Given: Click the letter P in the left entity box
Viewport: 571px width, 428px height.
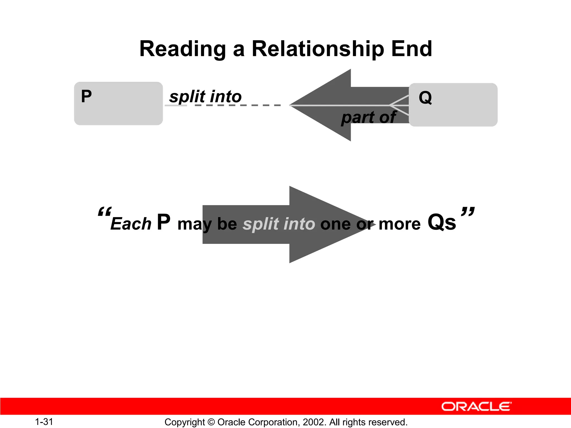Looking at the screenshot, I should pyautogui.click(x=86, y=96).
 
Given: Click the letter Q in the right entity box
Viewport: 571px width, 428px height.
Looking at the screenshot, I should pyautogui.click(x=425, y=98).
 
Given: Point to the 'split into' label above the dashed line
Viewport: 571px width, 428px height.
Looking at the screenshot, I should pyautogui.click(x=205, y=96).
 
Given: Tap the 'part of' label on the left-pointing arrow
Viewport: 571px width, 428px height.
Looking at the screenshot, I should pyautogui.click(x=368, y=117).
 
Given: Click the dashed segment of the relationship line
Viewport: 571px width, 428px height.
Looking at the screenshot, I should pyautogui.click(x=237, y=105).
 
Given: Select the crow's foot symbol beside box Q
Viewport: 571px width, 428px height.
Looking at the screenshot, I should pyautogui.click(x=399, y=105).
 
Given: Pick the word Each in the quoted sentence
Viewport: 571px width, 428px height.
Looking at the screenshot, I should pyautogui.click(x=131, y=224).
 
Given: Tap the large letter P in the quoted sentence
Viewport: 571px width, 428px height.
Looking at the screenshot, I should pyautogui.click(x=164, y=222).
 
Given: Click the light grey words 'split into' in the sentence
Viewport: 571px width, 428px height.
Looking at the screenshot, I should pyautogui.click(x=279, y=224).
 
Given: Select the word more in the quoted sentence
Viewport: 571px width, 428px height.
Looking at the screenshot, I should pyautogui.click(x=400, y=224).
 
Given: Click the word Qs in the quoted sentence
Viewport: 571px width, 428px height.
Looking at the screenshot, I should pyautogui.click(x=442, y=222).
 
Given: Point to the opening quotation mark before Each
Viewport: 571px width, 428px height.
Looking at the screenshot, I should pyautogui.click(x=105, y=212).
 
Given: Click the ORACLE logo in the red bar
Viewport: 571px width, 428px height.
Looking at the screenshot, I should pyautogui.click(x=476, y=407).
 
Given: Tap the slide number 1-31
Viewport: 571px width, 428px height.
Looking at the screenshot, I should pyautogui.click(x=44, y=422).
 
